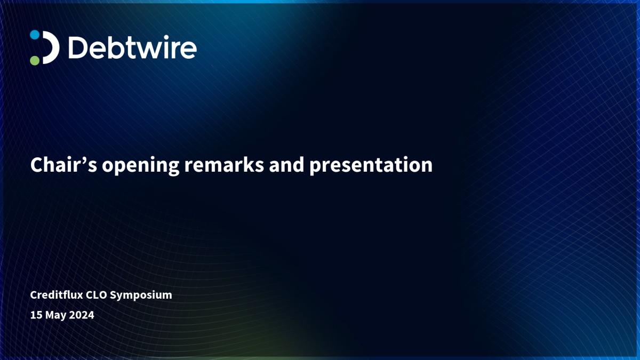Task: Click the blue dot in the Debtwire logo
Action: [35, 35]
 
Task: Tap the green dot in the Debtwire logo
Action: [35, 60]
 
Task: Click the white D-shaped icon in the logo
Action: [52, 47]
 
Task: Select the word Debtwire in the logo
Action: [132, 47]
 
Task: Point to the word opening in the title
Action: [141, 166]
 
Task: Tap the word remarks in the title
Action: [224, 165]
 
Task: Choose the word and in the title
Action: [286, 165]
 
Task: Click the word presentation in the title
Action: [371, 166]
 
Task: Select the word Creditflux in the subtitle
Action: [57, 294]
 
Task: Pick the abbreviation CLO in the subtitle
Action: [97, 295]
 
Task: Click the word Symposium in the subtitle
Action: [141, 295]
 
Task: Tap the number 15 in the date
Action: [36, 315]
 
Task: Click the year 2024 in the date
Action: [82, 315]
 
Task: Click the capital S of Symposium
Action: [114, 295]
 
